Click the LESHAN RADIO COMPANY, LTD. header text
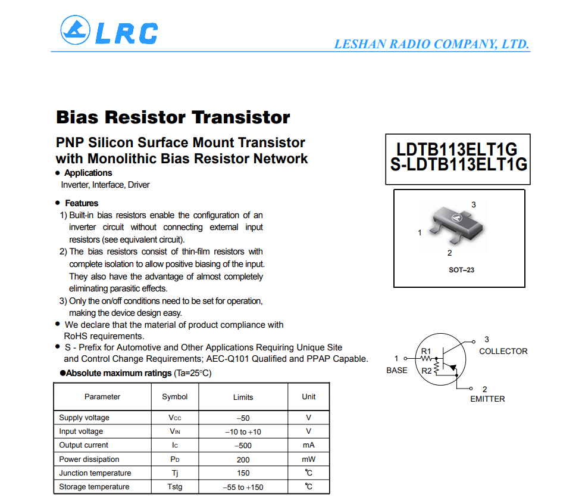(431, 44)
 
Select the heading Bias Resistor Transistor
(173, 117)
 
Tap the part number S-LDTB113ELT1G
(459, 164)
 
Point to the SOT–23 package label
(461, 270)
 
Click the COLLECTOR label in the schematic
(503, 351)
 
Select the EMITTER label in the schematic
(487, 399)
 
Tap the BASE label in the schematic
(397, 370)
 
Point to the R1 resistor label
(425, 351)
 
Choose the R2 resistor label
(427, 371)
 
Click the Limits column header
(243, 397)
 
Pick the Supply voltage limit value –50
(243, 418)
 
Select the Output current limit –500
(243, 445)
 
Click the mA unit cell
(308, 445)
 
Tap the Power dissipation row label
(89, 459)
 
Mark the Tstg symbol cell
(175, 487)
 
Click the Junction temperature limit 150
(243, 473)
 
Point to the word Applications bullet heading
(88, 173)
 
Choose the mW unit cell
(308, 459)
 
